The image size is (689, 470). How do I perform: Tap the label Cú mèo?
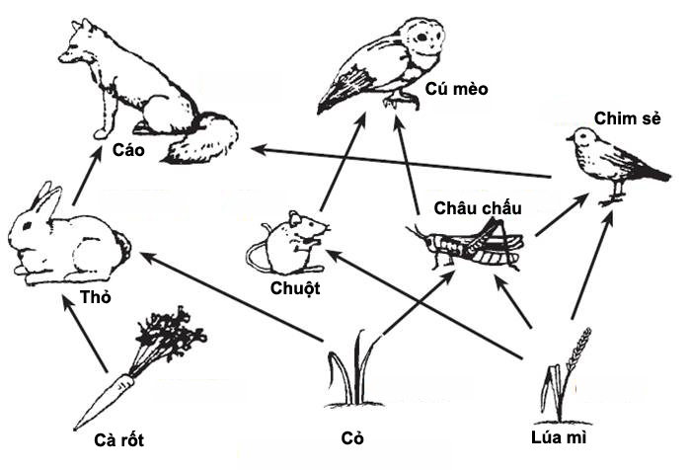(x=456, y=90)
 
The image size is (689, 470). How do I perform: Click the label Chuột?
(x=294, y=288)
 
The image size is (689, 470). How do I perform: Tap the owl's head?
(x=424, y=40)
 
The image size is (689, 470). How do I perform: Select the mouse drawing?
(x=288, y=243)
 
